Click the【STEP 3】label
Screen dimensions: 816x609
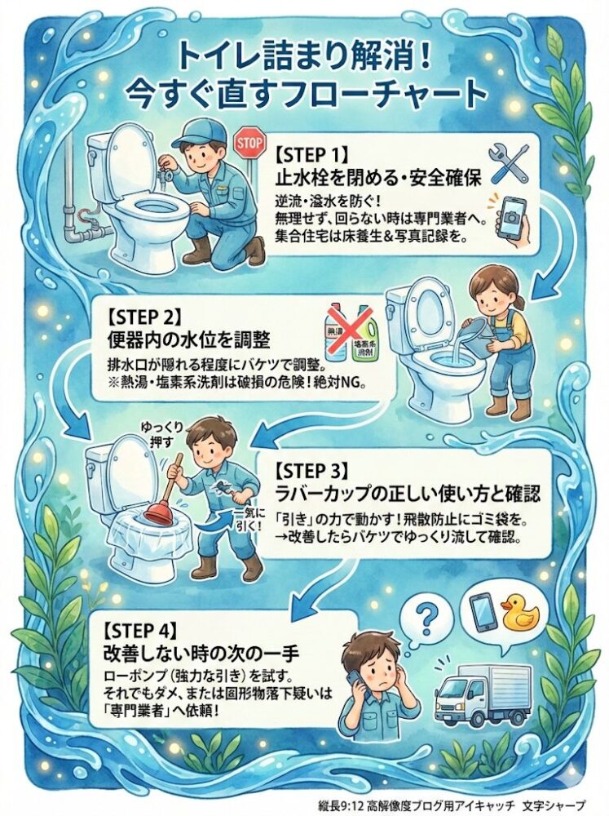click(312, 471)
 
